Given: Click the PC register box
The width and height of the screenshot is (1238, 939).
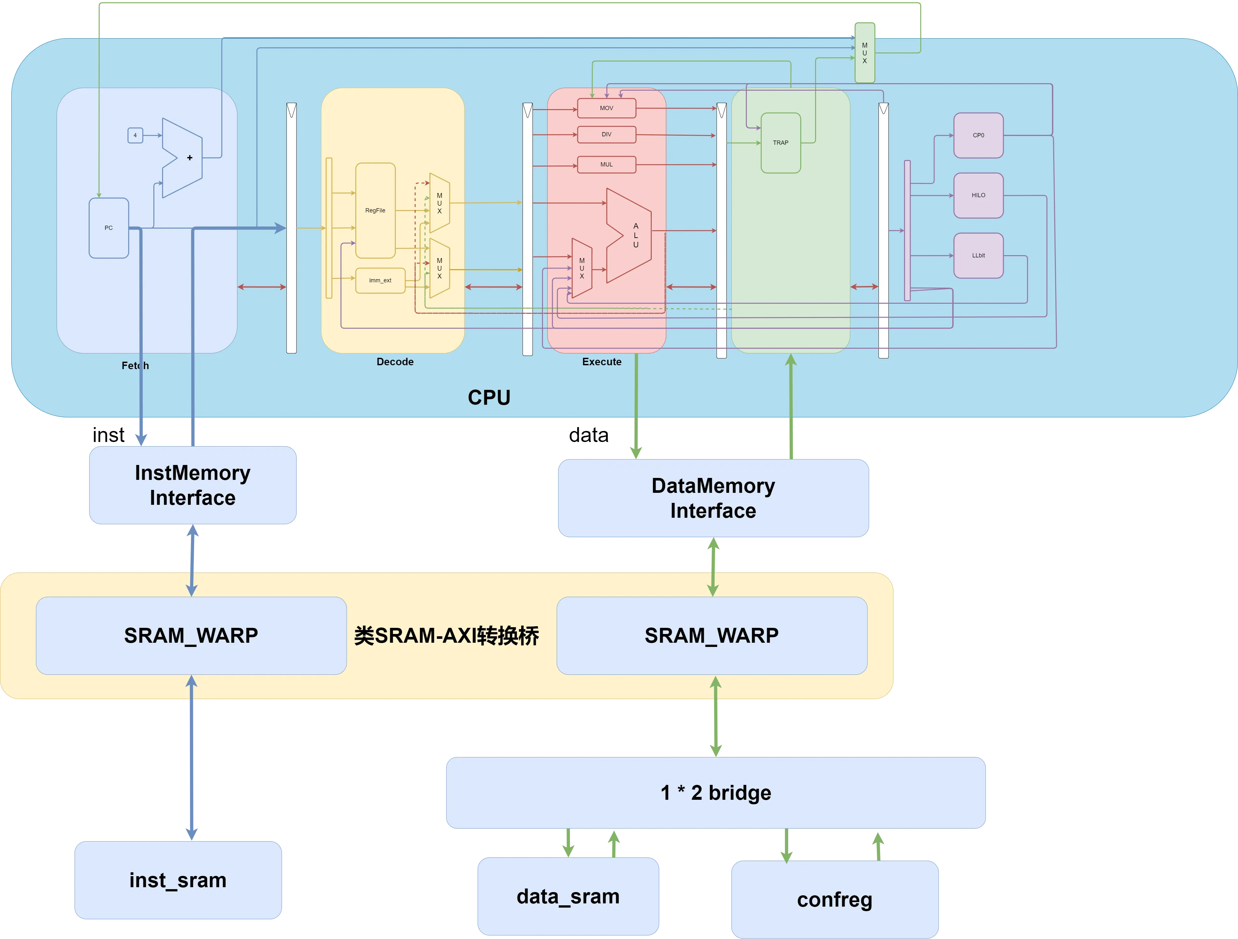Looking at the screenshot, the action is [x=109, y=228].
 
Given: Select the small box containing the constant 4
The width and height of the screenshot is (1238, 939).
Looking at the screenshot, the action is [x=135, y=135].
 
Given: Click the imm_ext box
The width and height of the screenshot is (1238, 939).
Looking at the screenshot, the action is [x=380, y=280].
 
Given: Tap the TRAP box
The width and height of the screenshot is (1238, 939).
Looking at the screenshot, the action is [x=781, y=143].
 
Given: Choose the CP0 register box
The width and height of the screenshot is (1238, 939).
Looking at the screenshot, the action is [x=978, y=135].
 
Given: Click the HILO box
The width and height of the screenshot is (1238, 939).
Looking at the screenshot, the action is [x=978, y=196].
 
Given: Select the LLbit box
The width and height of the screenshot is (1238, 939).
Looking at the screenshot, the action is [x=978, y=255].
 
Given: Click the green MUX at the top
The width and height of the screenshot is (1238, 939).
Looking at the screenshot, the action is [x=865, y=53].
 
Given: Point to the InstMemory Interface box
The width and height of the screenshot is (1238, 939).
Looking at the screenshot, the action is [x=193, y=485].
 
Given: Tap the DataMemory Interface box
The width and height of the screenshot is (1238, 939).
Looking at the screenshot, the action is [x=713, y=498].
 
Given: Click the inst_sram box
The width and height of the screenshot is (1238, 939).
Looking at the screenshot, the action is [x=178, y=880].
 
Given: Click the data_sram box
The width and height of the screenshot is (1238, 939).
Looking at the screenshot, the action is [x=568, y=896].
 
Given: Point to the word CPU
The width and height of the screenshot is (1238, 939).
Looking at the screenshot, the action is [x=489, y=398].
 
